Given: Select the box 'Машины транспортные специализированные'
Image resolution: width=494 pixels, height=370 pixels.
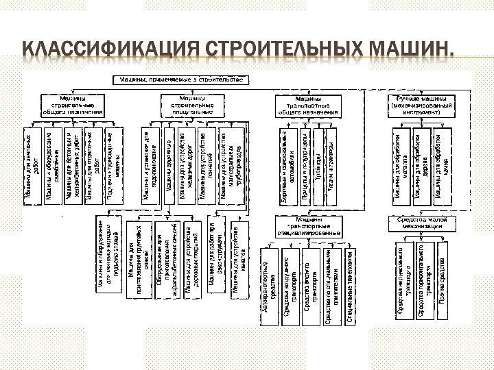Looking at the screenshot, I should coord(309,227).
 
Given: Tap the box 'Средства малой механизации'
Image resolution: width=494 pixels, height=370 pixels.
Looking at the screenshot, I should coord(421,223).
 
